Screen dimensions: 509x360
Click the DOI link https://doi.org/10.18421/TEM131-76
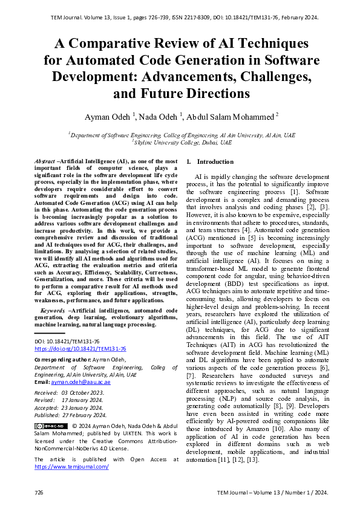(x=80, y=349)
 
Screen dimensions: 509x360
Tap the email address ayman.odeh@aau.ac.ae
(x=82, y=383)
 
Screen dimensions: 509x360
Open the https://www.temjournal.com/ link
(x=71, y=467)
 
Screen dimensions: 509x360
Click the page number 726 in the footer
(x=39, y=493)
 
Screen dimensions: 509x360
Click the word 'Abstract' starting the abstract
(x=43, y=161)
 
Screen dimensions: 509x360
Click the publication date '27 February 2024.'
(x=84, y=415)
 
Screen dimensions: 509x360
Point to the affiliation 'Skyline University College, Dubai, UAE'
(x=183, y=143)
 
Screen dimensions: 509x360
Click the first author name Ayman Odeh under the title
(x=135, y=116)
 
